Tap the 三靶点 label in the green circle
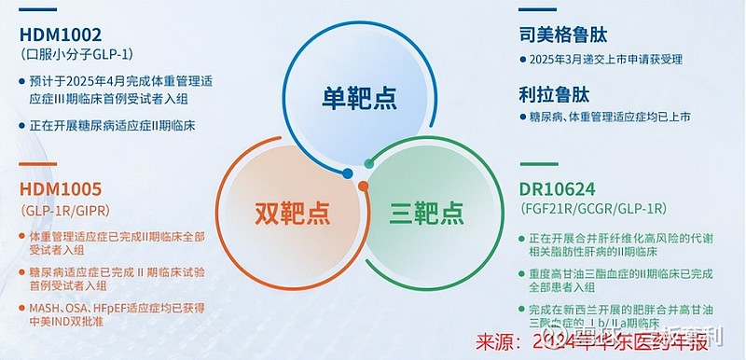click(426, 213)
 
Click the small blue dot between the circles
click(348, 172)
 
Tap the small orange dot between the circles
click(363, 187)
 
